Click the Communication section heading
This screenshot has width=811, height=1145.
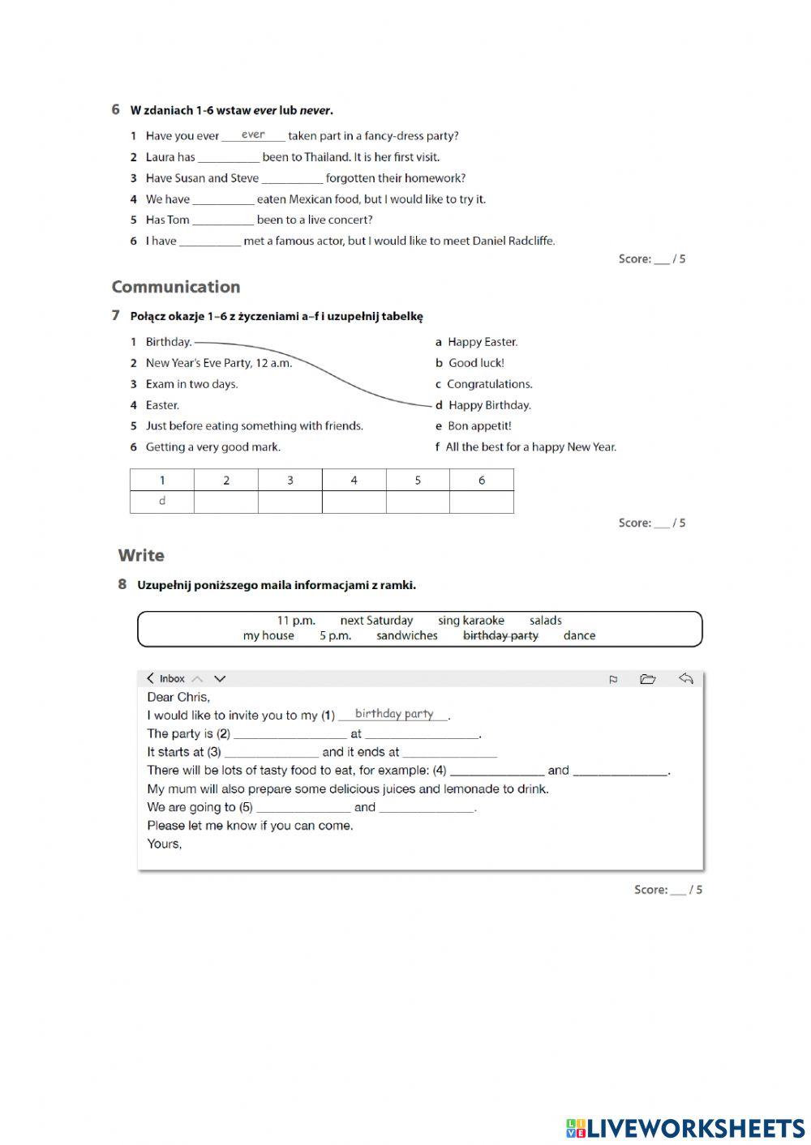tap(175, 287)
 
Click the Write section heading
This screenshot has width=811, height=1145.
tap(141, 556)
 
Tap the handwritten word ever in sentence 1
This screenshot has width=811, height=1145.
tap(253, 135)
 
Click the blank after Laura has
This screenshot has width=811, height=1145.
tap(228, 157)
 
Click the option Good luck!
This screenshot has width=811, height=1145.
tap(475, 363)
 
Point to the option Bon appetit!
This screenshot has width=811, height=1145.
tap(479, 426)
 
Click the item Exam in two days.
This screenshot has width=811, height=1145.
tap(191, 384)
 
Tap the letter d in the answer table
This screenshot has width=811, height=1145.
tap(162, 502)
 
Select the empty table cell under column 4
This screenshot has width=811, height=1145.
tap(354, 502)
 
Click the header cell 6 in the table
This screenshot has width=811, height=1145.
tap(481, 481)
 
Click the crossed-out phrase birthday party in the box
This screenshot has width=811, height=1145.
tap(500, 636)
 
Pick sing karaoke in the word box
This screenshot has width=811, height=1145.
tap(470, 621)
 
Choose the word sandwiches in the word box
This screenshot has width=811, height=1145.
tap(406, 636)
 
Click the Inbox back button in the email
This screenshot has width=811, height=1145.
tap(165, 679)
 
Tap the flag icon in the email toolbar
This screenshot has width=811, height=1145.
tap(613, 680)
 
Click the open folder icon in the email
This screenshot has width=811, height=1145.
tap(647, 679)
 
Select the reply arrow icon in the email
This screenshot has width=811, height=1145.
tap(685, 679)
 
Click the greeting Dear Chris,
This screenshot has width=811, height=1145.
tap(178, 698)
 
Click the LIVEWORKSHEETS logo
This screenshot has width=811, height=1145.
tap(685, 1128)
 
